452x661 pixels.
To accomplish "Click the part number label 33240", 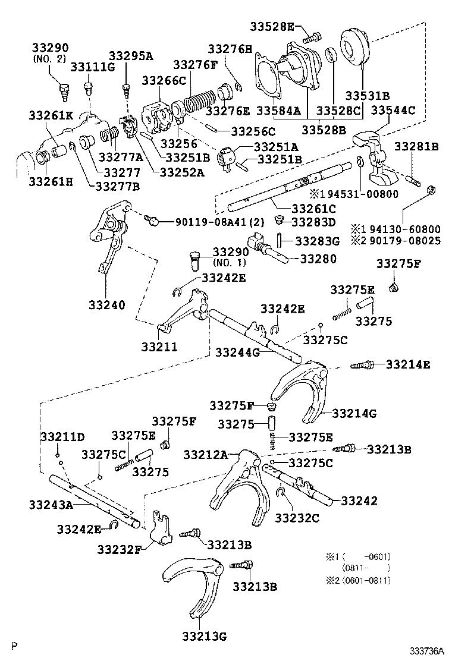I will pyautogui.click(x=107, y=305).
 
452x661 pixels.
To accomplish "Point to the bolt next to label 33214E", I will pyautogui.click(x=363, y=365).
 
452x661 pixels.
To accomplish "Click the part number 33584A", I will pyautogui.click(x=278, y=111).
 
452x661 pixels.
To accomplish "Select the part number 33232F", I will pyautogui.click(x=119, y=549).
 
